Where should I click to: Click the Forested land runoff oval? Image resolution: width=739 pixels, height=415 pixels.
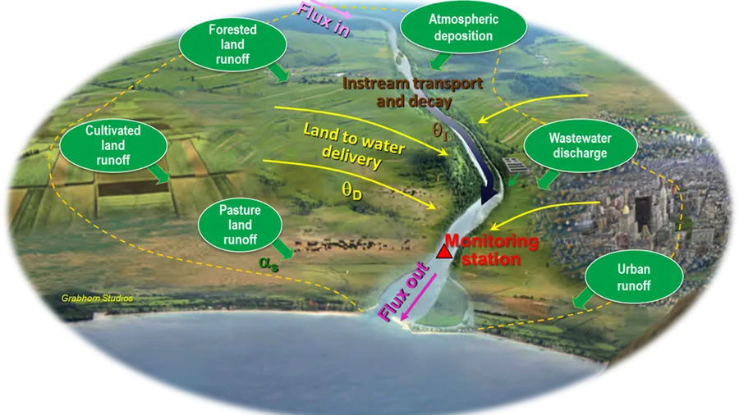coord(233,45)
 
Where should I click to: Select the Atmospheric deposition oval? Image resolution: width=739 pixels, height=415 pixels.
coord(463,27)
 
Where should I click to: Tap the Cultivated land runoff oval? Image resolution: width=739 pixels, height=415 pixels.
coord(113,145)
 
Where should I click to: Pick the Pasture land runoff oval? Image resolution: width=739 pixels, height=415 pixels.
coord(240,225)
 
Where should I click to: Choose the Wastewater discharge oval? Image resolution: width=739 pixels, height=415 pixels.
coord(581,145)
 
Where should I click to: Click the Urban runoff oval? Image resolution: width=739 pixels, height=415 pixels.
coord(634,277)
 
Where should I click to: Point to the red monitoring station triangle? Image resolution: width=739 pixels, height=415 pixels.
coord(443,252)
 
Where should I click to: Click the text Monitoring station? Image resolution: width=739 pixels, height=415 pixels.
coord(491,250)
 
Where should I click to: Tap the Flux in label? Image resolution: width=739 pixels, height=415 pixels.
coord(324,21)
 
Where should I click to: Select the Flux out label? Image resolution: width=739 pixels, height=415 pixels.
coord(403,292)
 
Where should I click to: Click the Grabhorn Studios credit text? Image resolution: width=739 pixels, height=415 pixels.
coord(97,299)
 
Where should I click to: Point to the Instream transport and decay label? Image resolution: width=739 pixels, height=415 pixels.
coord(413,92)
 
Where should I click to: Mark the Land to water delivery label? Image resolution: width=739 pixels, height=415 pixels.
coord(353,145)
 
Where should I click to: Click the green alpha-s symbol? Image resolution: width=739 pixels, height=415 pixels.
coord(269,263)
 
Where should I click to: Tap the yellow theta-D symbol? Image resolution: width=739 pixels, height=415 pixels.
coord(352,190)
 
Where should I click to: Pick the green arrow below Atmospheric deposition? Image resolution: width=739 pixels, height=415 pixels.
coord(440,62)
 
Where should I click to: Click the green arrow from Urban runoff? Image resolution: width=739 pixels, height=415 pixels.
coord(582,299)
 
